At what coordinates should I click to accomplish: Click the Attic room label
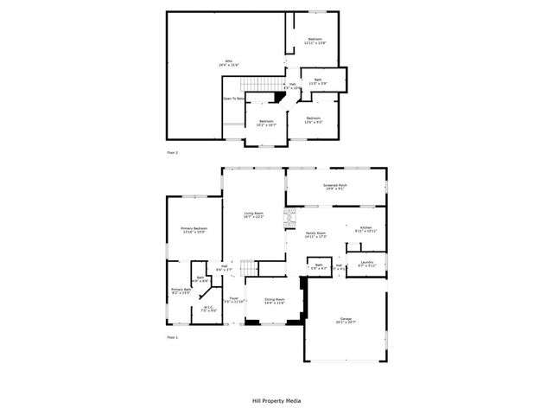(x=228, y=63)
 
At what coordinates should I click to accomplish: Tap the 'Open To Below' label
(x=233, y=99)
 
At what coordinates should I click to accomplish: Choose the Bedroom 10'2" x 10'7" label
(x=266, y=123)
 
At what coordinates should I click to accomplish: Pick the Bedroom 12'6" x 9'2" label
(x=313, y=120)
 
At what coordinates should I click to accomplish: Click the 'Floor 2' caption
(x=172, y=152)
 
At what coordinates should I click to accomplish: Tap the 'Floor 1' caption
(x=172, y=337)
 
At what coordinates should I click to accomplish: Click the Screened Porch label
(x=335, y=188)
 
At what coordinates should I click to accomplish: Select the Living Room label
(x=253, y=214)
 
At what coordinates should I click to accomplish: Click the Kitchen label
(x=365, y=229)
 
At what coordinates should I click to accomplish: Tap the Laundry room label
(x=366, y=265)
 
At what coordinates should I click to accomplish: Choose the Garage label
(x=345, y=321)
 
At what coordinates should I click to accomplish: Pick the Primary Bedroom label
(x=194, y=230)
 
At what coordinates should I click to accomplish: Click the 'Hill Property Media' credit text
(x=276, y=401)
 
